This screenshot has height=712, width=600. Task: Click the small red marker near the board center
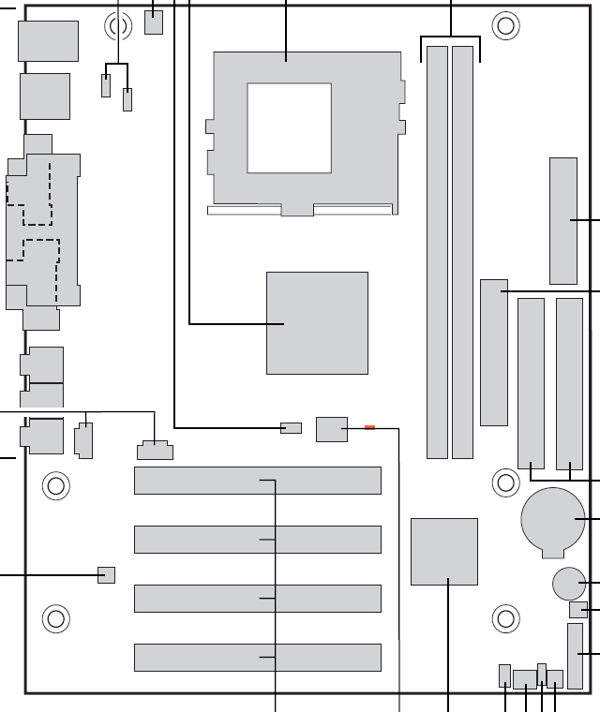pyautogui.click(x=369, y=428)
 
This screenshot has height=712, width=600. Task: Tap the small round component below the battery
pyautogui.click(x=567, y=584)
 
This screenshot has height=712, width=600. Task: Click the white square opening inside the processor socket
pyautogui.click(x=289, y=127)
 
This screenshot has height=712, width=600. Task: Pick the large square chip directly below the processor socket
pyautogui.click(x=317, y=323)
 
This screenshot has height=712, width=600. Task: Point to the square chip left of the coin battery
pyautogui.click(x=444, y=552)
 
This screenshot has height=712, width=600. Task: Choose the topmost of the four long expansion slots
pyautogui.click(x=258, y=481)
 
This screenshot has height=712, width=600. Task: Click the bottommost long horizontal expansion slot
pyautogui.click(x=258, y=658)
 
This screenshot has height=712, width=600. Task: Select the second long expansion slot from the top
pyautogui.click(x=258, y=540)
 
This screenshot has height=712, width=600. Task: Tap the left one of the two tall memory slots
pyautogui.click(x=437, y=253)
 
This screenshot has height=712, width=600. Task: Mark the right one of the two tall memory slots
pyautogui.click(x=462, y=253)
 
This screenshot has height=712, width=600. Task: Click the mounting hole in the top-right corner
pyautogui.click(x=505, y=25)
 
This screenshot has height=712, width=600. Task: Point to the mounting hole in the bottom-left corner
pyautogui.click(x=55, y=618)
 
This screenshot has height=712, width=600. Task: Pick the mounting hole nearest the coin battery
pyautogui.click(x=505, y=483)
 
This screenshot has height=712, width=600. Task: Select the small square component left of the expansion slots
pyautogui.click(x=106, y=574)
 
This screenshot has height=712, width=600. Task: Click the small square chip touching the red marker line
pyautogui.click(x=332, y=429)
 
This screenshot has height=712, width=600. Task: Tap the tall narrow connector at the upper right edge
pyautogui.click(x=563, y=221)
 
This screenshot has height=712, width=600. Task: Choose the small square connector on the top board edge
pyautogui.click(x=154, y=22)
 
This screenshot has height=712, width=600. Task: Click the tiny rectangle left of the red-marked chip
pyautogui.click(x=292, y=428)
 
